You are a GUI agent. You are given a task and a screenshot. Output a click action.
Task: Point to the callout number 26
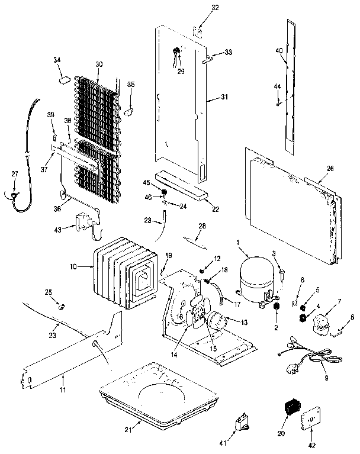[329, 169]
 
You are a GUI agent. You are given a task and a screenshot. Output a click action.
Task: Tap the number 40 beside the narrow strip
[279, 51]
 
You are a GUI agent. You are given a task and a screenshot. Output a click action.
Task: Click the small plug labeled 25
[60, 307]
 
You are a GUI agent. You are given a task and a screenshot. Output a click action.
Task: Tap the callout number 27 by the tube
[15, 174]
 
